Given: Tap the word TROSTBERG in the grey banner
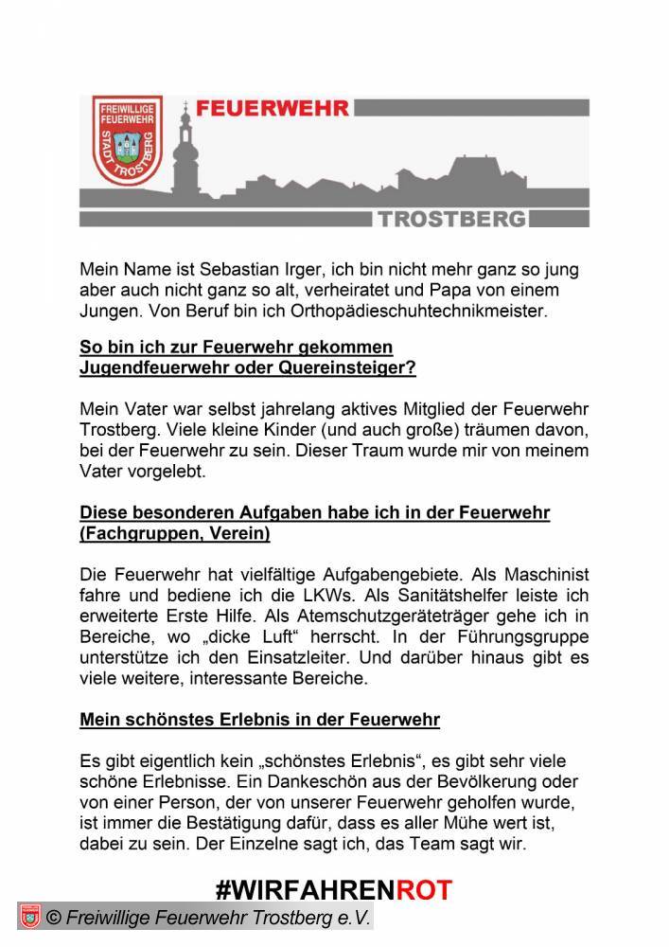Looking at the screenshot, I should (452, 219).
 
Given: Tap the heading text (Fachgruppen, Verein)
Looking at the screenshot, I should (175, 534).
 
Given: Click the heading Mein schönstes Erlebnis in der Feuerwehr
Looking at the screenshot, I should (259, 720).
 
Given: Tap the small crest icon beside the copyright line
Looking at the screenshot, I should (29, 918).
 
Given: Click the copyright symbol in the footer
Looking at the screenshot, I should (54, 918).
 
